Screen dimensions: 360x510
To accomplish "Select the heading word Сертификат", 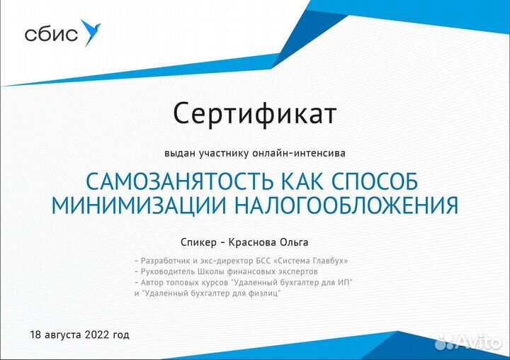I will tap(255, 113).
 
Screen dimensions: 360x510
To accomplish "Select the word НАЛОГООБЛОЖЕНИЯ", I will tap(346, 206).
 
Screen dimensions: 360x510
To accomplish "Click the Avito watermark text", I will tap(477, 342).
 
